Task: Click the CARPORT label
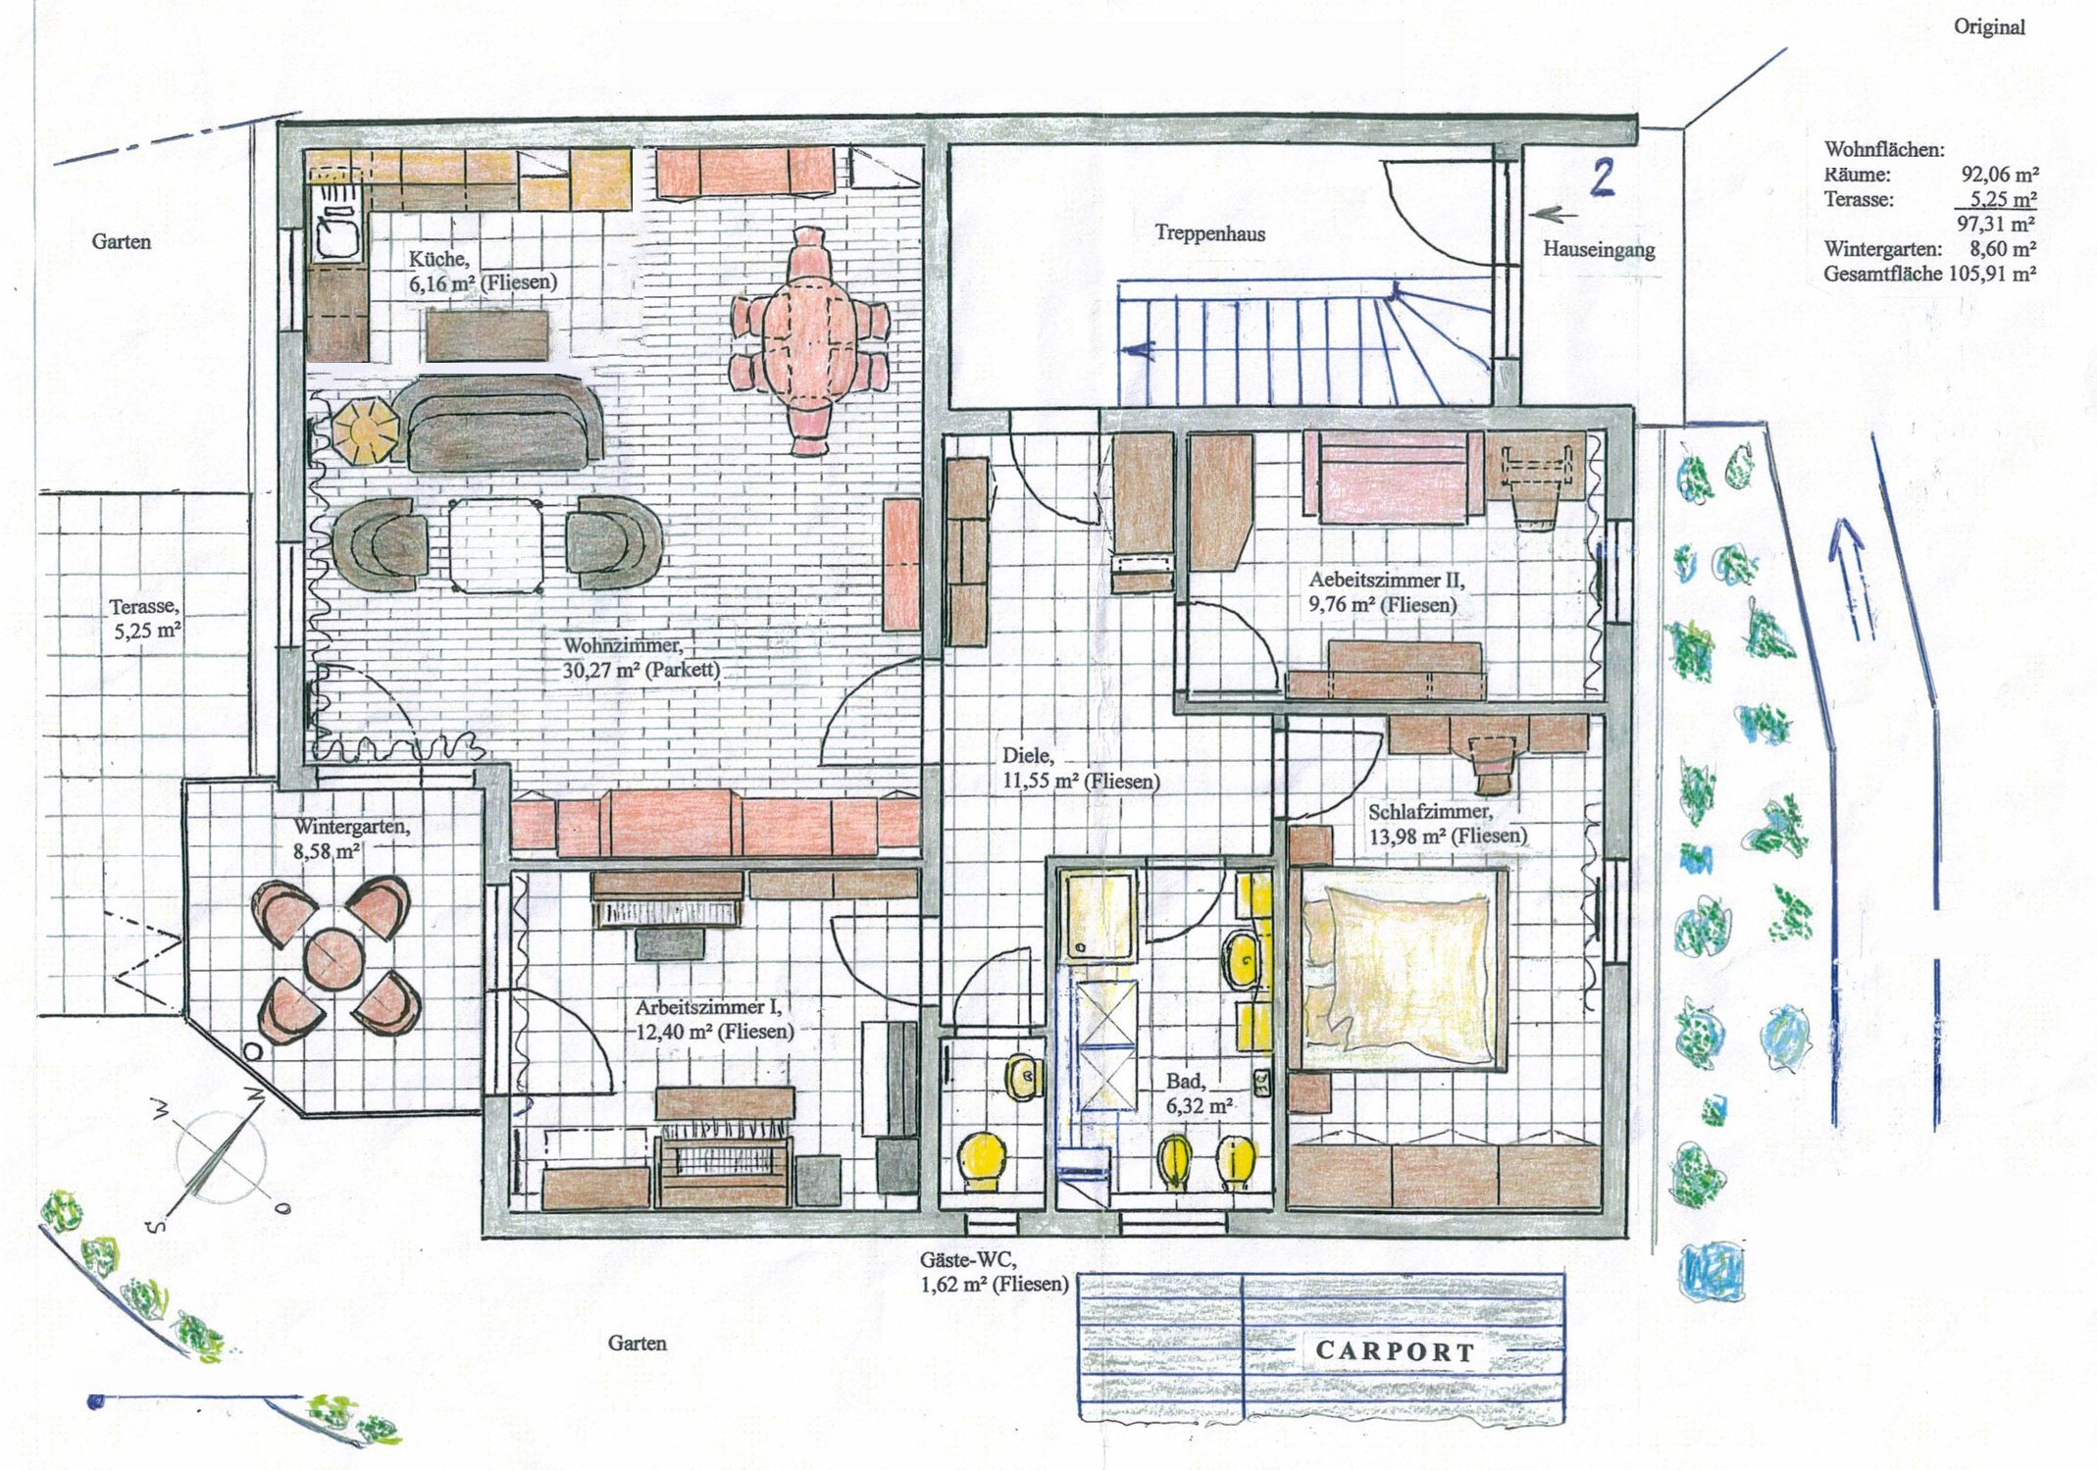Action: pyautogui.click(x=1395, y=1350)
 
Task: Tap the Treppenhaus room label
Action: pyautogui.click(x=1209, y=233)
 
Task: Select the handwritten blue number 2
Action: pyautogui.click(x=1602, y=177)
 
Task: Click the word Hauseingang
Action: pyautogui.click(x=1599, y=249)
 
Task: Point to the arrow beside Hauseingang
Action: pyautogui.click(x=1553, y=214)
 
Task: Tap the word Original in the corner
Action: pyautogui.click(x=1989, y=26)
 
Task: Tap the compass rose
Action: pyautogui.click(x=220, y=1159)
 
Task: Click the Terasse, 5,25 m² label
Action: pyautogui.click(x=145, y=619)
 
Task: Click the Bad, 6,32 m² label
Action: pyautogui.click(x=1199, y=1093)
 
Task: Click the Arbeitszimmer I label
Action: pyautogui.click(x=707, y=1007)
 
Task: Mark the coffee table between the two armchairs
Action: pyautogui.click(x=496, y=546)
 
